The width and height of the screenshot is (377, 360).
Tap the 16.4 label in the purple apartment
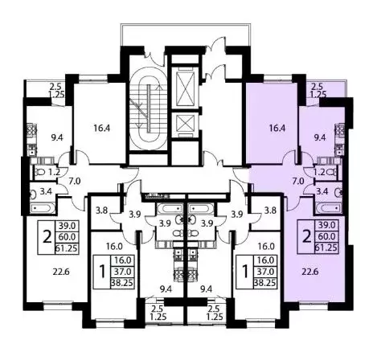(x=277, y=125)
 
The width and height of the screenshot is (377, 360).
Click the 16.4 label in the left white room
(x=97, y=125)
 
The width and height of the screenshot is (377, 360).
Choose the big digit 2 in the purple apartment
(x=305, y=238)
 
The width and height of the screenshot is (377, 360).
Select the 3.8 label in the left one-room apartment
(x=102, y=212)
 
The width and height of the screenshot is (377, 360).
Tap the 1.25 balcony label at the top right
(x=318, y=95)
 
